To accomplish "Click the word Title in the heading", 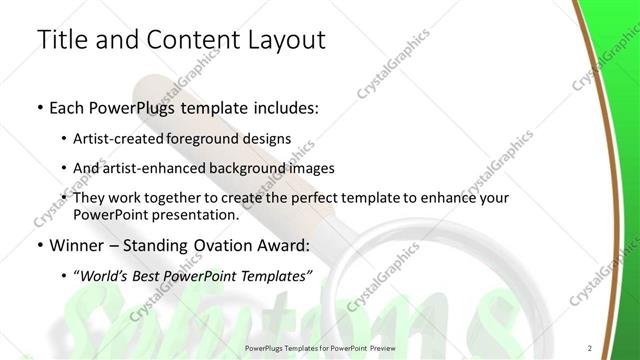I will click(x=61, y=40).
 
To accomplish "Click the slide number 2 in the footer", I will click(x=590, y=347).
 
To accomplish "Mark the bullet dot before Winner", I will click(x=39, y=246).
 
